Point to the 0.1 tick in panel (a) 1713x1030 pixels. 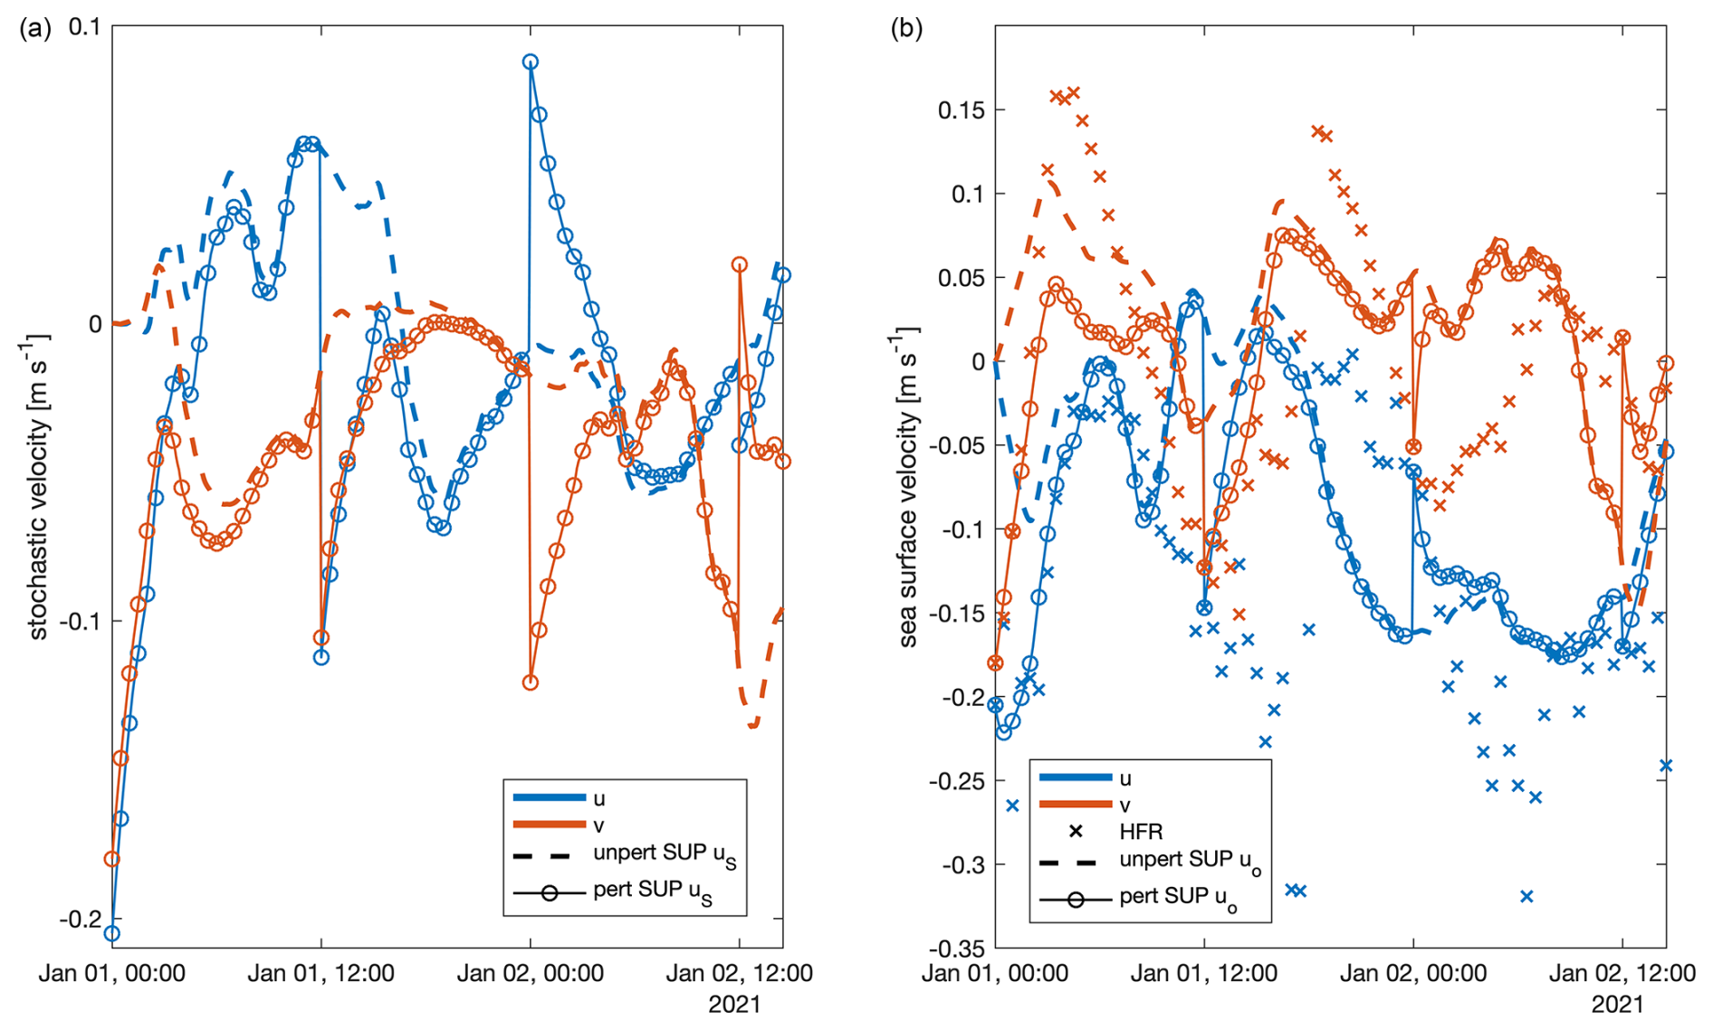pyautogui.click(x=86, y=26)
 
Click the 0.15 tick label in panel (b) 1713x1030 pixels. pyautogui.click(x=962, y=110)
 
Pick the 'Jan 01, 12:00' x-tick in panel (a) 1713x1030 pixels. pyautogui.click(x=321, y=974)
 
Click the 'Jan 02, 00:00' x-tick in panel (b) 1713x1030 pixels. pyautogui.click(x=1412, y=974)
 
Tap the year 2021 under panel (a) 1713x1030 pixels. pyautogui.click(x=734, y=1005)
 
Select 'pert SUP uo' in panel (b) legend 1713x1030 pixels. pyautogui.click(x=1177, y=898)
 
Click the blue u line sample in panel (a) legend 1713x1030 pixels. pyautogui.click(x=550, y=797)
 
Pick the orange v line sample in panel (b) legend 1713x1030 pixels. pyautogui.click(x=1076, y=804)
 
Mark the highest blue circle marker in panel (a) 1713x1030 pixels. pyautogui.click(x=531, y=62)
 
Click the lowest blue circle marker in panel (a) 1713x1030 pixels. pyautogui.click(x=112, y=933)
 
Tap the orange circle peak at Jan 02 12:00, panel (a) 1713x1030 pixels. pyautogui.click(x=740, y=264)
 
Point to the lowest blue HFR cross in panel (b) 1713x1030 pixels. pyautogui.click(x=1526, y=896)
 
